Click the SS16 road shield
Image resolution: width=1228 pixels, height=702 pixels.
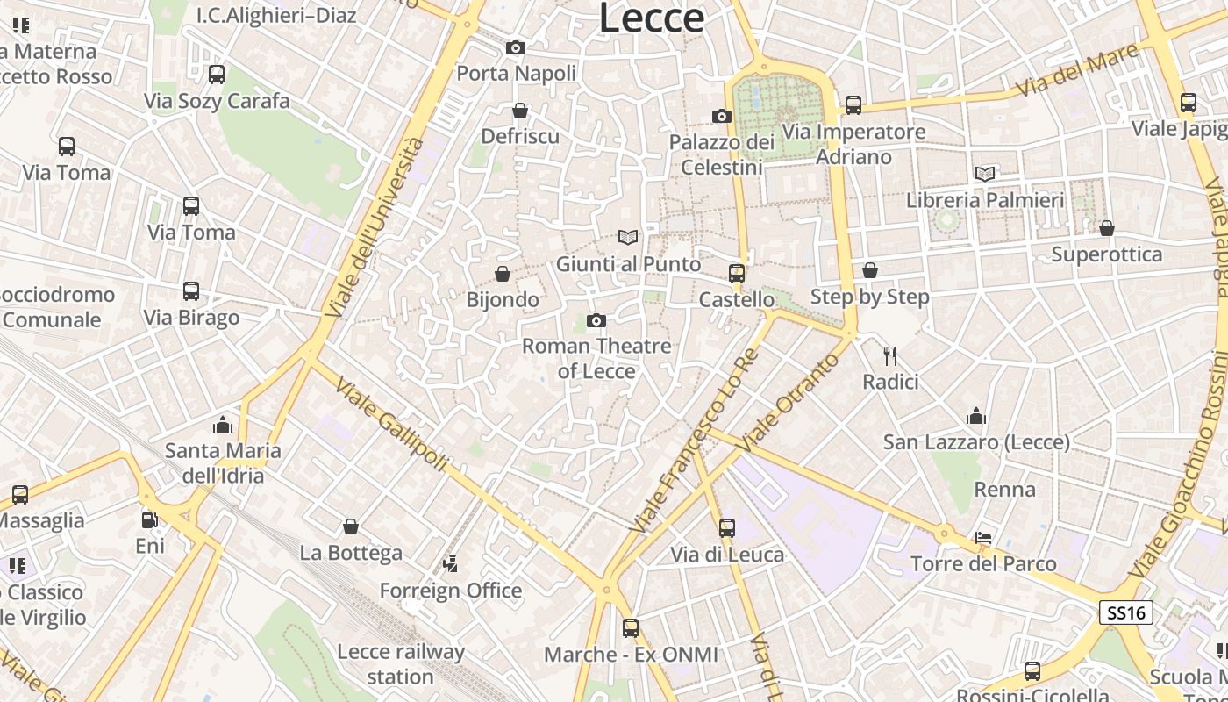[1126, 612]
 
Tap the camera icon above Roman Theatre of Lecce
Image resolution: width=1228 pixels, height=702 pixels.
[596, 320]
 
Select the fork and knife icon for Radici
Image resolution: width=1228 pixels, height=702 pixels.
[890, 355]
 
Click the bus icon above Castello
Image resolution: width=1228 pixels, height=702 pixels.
[737, 273]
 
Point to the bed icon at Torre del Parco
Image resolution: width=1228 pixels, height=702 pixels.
[983, 537]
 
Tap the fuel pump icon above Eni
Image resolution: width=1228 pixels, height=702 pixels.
[150, 519]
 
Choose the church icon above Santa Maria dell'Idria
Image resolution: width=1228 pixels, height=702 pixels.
[223, 425]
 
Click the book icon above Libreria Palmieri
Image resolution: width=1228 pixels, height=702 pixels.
[985, 174]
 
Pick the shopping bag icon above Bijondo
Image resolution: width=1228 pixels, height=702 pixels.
[503, 274]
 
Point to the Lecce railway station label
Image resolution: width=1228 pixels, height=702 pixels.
[401, 664]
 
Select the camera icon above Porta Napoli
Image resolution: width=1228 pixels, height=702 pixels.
[516, 47]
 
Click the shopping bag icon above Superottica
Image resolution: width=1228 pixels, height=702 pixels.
[1107, 228]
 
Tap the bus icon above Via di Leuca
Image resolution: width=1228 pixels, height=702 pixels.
[727, 527]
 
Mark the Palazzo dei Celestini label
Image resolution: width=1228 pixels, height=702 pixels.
[722, 154]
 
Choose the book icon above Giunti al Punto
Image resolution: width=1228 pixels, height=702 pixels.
[627, 237]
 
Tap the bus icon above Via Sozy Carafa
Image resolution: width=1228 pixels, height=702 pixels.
[217, 75]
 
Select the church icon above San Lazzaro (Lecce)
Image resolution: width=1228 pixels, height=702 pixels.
[976, 416]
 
